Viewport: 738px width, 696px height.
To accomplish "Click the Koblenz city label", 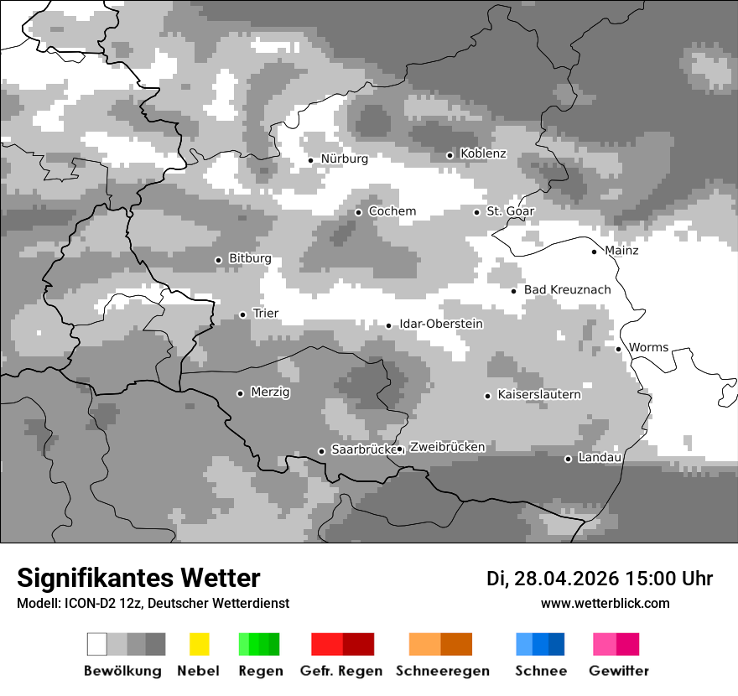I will (x=483, y=153).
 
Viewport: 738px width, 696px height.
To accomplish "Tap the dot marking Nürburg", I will (x=310, y=159).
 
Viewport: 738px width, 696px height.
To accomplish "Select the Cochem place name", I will (x=392, y=211).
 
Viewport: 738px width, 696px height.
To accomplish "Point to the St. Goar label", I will (x=510, y=211).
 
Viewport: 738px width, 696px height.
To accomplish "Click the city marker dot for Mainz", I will (x=594, y=252).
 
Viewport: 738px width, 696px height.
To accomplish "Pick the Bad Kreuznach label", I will (x=567, y=290).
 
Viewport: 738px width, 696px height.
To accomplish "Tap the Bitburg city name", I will (x=250, y=258).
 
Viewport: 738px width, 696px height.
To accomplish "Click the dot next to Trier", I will (x=242, y=314).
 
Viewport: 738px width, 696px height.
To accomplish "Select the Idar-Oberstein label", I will (x=441, y=324).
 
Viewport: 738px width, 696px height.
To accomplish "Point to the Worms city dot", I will (x=618, y=349).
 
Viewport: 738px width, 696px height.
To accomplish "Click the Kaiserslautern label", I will (x=538, y=394).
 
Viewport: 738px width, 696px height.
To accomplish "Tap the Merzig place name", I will (x=270, y=392).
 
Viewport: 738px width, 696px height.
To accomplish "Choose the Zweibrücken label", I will (x=447, y=447).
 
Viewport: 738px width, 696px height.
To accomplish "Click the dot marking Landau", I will (x=568, y=459).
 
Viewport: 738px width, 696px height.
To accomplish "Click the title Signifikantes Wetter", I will (x=138, y=578).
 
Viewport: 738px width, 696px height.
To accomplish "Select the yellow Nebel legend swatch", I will (x=199, y=644).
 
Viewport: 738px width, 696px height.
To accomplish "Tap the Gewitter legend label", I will (x=619, y=671).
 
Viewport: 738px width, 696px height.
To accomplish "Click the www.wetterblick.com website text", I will (x=605, y=603).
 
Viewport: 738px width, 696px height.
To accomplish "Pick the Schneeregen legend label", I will (x=443, y=671).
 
